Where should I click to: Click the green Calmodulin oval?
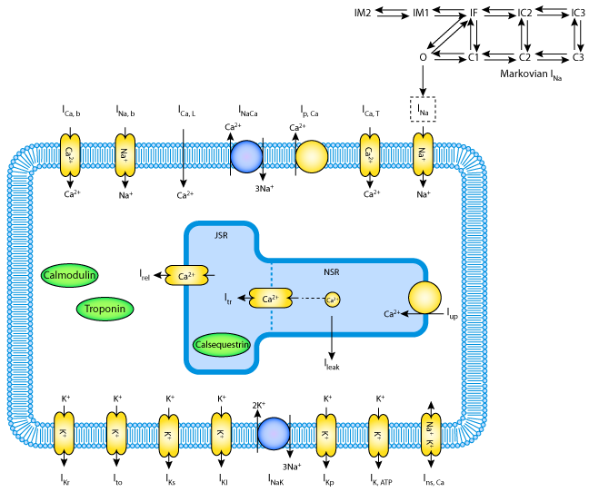pyautogui.click(x=70, y=274)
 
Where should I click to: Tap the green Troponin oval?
pyautogui.click(x=105, y=309)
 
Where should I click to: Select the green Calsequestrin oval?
pyautogui.click(x=222, y=344)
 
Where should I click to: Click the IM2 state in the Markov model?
pyautogui.click(x=364, y=12)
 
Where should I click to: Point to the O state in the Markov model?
pyautogui.click(x=423, y=57)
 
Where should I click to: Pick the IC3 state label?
pyautogui.click(x=577, y=12)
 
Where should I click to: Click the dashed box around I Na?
pyautogui.click(x=423, y=109)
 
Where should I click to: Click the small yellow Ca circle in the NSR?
pyautogui.click(x=332, y=299)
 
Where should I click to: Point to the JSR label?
pyautogui.click(x=221, y=235)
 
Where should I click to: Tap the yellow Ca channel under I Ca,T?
pyautogui.click(x=370, y=154)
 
